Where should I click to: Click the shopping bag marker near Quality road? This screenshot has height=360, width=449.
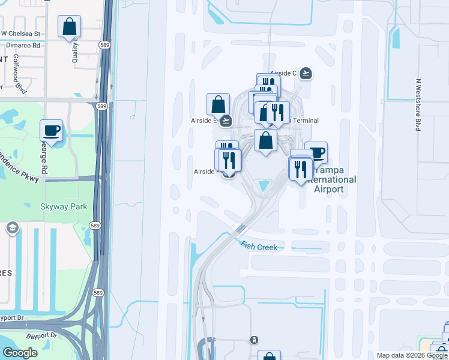[x=70, y=27]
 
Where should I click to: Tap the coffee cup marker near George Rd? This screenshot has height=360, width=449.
[x=52, y=131]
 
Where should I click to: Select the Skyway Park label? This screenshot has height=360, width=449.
[x=64, y=207]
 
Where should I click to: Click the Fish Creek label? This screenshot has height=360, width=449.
[x=259, y=245]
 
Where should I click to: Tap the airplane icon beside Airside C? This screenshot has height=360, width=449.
[x=306, y=73]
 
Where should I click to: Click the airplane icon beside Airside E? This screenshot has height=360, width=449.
[x=226, y=121]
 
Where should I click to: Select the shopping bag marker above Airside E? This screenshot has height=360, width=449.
[x=218, y=104]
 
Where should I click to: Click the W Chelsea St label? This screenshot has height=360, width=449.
[x=20, y=34]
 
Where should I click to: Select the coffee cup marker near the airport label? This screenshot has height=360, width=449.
[x=316, y=152]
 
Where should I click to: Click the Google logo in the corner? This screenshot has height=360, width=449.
[x=20, y=353]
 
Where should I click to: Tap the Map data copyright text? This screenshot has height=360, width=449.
[x=412, y=355]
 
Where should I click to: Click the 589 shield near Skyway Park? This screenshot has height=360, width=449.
[x=95, y=225]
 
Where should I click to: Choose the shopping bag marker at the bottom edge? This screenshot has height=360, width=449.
[x=269, y=356]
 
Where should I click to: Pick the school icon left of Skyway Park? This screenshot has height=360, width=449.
[x=12, y=228]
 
